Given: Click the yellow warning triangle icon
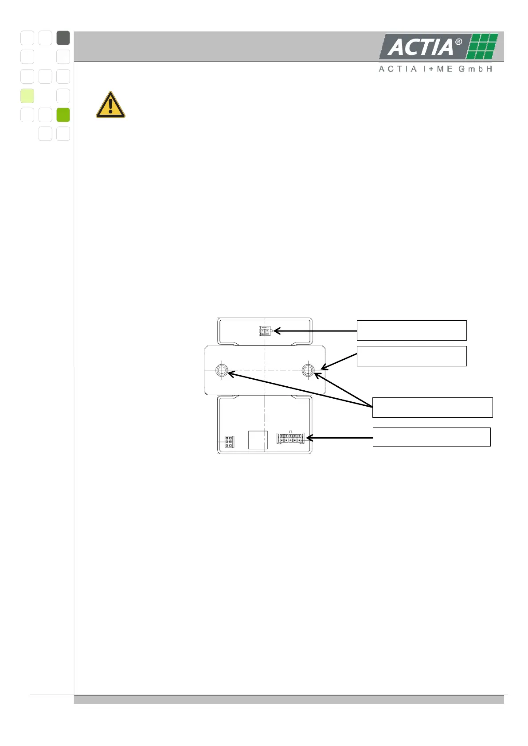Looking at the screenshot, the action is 110,106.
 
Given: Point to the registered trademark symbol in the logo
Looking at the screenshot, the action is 458,42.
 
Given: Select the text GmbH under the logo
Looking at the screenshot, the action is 475,69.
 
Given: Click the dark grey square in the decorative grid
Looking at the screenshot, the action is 63,38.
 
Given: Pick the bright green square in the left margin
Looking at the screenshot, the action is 63,115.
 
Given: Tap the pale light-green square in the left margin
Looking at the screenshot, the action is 27,96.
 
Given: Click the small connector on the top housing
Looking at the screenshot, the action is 265,331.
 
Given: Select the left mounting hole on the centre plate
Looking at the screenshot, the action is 222,370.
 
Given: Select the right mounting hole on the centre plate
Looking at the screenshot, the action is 308,370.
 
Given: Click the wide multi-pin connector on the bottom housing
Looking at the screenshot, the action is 290,438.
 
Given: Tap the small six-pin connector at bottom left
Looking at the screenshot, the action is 229,442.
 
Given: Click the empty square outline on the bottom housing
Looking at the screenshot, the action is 258,440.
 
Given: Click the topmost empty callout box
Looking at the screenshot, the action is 411,330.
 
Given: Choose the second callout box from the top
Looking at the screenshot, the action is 411,356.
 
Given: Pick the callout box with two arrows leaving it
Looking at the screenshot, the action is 432,408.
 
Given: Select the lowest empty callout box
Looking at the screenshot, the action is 431,437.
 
